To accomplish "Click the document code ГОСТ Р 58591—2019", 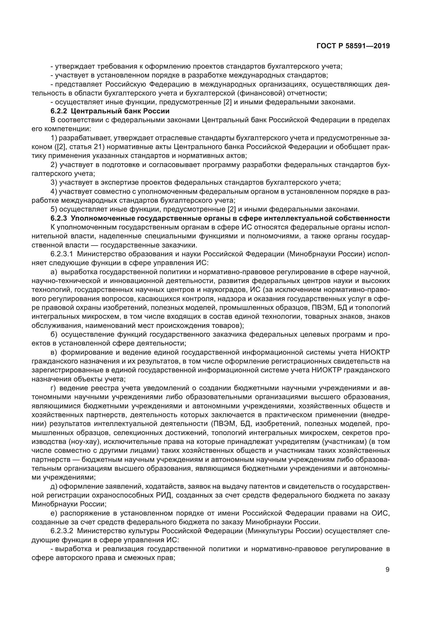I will pyautogui.click(x=353, y=46).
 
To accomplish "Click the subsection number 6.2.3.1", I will pyautogui.click(x=62, y=254).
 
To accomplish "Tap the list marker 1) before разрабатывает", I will pyautogui.click(x=54, y=138).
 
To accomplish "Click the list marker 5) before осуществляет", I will pyautogui.click(x=54, y=209).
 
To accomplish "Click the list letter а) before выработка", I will pyautogui.click(x=54, y=272).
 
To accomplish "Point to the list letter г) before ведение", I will pyautogui.click(x=54, y=388).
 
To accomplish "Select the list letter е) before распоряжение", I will pyautogui.click(x=54, y=513).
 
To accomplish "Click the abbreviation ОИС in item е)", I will pyautogui.click(x=381, y=513).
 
